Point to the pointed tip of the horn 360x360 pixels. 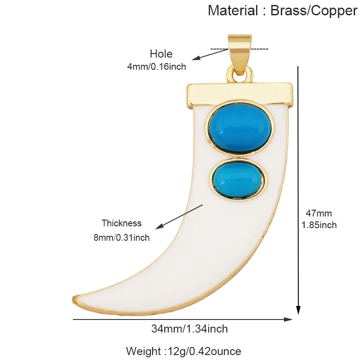(73, 299)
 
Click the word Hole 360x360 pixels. (161, 54)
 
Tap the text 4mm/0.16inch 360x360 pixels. (157, 67)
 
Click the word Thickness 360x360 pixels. (121, 223)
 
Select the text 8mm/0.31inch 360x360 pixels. (121, 238)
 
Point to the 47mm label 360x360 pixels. (319, 213)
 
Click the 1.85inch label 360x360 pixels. (319, 225)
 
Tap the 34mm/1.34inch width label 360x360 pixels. (189, 329)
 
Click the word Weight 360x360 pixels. (144, 351)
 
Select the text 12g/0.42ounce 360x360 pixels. (205, 351)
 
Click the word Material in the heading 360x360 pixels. (233, 10)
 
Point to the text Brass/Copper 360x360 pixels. (314, 10)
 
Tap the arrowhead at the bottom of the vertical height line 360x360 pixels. (298, 310)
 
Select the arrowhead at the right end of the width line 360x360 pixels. (288, 319)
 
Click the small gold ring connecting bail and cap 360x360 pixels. (239, 74)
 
